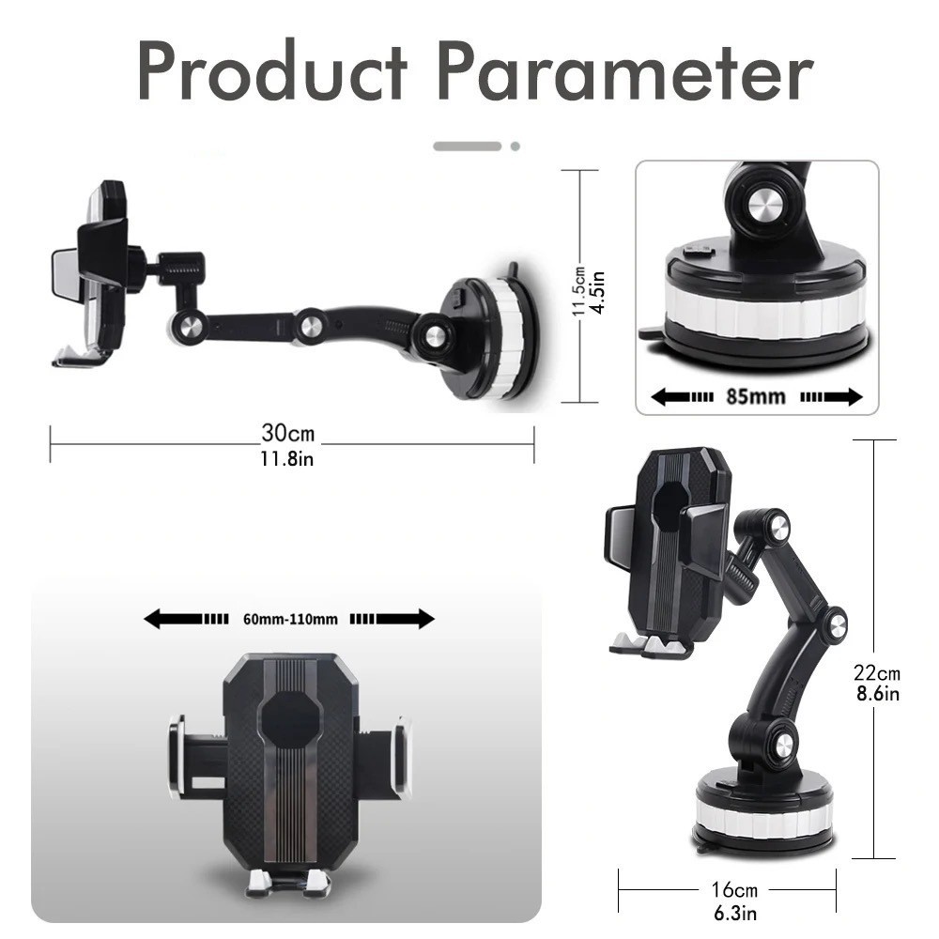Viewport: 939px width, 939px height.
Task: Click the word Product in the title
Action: (x=272, y=70)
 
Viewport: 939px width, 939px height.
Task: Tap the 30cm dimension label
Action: (x=287, y=432)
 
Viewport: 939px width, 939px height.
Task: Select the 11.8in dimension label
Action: (x=286, y=459)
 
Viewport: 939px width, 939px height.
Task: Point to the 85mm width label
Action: (x=756, y=396)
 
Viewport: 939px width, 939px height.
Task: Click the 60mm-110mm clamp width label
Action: (x=290, y=619)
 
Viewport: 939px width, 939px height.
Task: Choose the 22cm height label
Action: (x=877, y=673)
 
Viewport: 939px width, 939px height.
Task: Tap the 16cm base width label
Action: (x=734, y=890)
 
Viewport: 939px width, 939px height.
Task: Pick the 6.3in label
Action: (x=735, y=914)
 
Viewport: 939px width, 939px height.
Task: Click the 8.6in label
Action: (x=878, y=694)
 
